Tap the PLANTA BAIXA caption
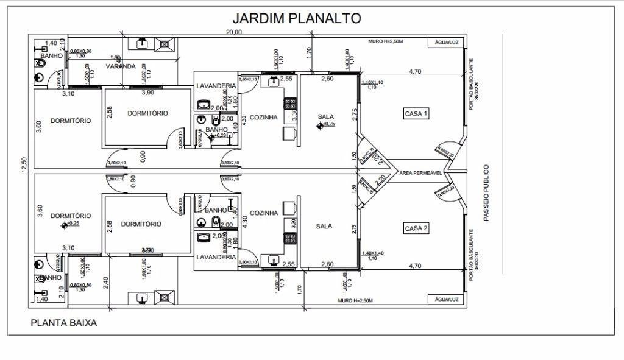(x=63, y=323)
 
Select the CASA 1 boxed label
(x=417, y=113)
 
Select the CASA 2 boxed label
(x=417, y=228)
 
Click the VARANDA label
(x=121, y=66)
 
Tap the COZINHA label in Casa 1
(x=264, y=117)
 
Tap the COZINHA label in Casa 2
(x=264, y=213)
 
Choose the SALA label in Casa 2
(x=324, y=226)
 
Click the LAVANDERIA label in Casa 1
(x=216, y=86)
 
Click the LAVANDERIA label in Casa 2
(x=216, y=257)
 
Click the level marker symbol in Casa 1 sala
(x=320, y=125)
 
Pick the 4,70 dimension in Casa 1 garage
(x=415, y=72)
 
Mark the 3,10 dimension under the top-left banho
(x=68, y=94)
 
